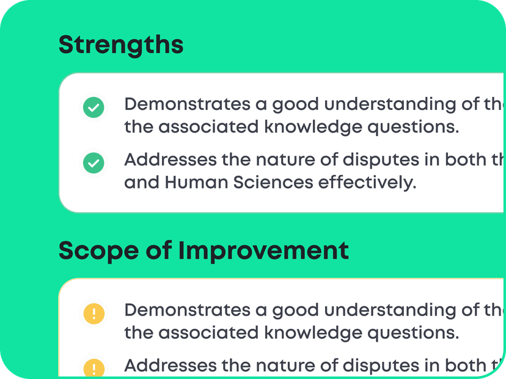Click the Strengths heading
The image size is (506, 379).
click(x=121, y=45)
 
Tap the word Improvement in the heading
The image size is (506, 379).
click(x=263, y=251)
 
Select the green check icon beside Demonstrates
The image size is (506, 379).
click(x=94, y=108)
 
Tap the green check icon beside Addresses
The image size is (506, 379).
click(x=94, y=163)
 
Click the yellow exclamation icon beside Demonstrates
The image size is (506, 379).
click(x=94, y=314)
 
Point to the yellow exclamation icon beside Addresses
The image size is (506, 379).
click(x=94, y=368)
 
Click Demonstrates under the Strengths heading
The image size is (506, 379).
click(x=187, y=104)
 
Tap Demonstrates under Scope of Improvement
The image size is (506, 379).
click(x=187, y=310)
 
